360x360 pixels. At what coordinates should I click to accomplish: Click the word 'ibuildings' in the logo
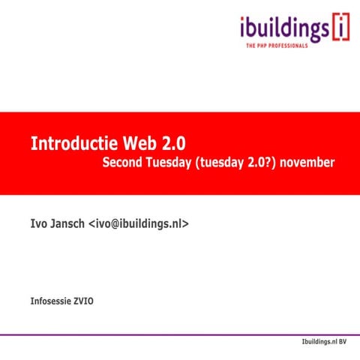click(x=283, y=29)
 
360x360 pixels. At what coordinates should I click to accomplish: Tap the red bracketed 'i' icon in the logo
click(x=340, y=28)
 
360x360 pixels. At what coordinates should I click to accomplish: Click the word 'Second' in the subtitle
click(x=123, y=163)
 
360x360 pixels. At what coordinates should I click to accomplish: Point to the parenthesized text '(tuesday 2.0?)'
click(x=237, y=163)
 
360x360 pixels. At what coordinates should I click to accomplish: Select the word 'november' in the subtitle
click(x=309, y=163)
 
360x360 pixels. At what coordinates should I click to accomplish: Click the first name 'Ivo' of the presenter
click(x=38, y=223)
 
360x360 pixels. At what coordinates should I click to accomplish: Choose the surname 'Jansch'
click(x=68, y=223)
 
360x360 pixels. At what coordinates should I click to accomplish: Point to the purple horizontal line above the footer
click(x=180, y=334)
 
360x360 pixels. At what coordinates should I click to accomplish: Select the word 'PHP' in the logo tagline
click(x=264, y=46)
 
